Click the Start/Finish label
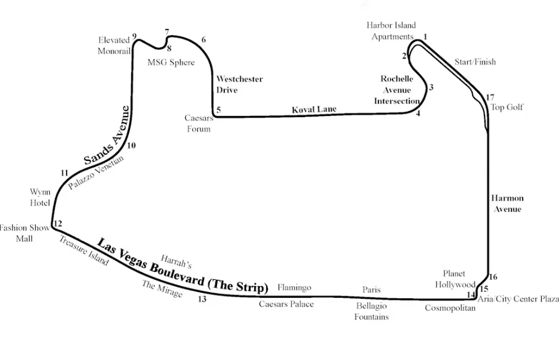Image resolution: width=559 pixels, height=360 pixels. pyautogui.click(x=475, y=62)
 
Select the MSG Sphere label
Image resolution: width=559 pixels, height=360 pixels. pyautogui.click(x=171, y=62)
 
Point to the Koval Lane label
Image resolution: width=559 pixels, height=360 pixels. pyautogui.click(x=314, y=109)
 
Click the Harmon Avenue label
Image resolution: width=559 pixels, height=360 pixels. pyautogui.click(x=507, y=203)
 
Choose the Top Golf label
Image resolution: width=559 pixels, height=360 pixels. pyautogui.click(x=507, y=107)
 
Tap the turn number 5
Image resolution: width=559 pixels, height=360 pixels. pyautogui.click(x=219, y=110)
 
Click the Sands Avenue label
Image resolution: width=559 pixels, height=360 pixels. pyautogui.click(x=107, y=135)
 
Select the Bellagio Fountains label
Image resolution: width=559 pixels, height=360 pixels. pyautogui.click(x=372, y=311)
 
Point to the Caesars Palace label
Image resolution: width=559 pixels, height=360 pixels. pyautogui.click(x=286, y=304)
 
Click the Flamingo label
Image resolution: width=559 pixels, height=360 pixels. pyautogui.click(x=294, y=287)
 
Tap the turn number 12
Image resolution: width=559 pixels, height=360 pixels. pyautogui.click(x=58, y=223)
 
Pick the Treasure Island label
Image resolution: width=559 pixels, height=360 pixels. pyautogui.click(x=84, y=250)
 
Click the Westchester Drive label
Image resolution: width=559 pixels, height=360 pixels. pyautogui.click(x=239, y=84)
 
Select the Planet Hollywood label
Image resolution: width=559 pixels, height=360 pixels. pyautogui.click(x=455, y=279)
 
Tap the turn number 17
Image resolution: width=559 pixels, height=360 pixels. pyautogui.click(x=490, y=97)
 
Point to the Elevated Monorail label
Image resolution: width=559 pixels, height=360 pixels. pyautogui.click(x=114, y=46)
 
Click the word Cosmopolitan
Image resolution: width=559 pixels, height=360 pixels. pyautogui.click(x=450, y=308)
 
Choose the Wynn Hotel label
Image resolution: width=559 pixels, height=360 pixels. pyautogui.click(x=40, y=197)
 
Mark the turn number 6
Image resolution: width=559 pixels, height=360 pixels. pyautogui.click(x=203, y=40)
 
